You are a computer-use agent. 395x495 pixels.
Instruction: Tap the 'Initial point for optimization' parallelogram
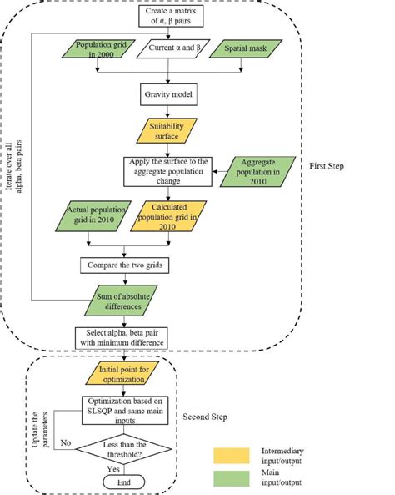click(125, 375)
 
